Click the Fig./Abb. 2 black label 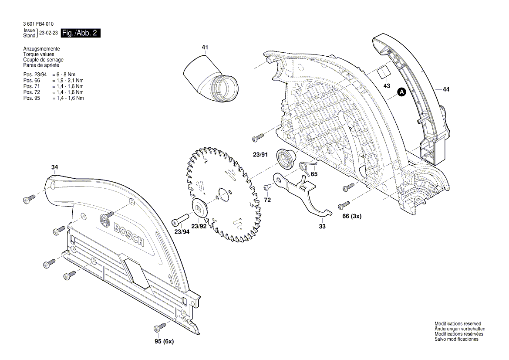[x=81, y=33]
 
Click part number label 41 [x=205, y=47]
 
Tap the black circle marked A [x=402, y=92]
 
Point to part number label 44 [x=446, y=89]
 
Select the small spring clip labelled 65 [x=308, y=166]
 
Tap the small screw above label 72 [x=268, y=187]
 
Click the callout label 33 [x=322, y=226]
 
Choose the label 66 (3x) [x=352, y=216]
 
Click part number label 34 [x=54, y=167]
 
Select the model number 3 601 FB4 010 [x=39, y=24]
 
